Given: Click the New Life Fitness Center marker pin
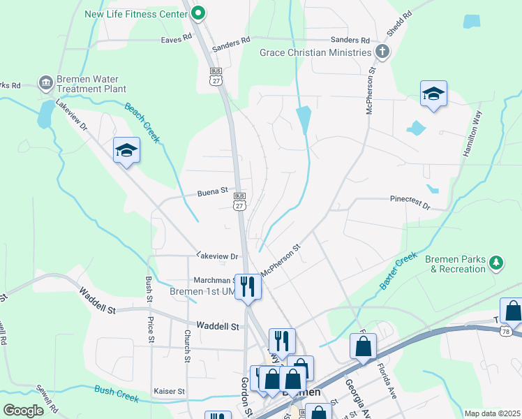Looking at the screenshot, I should [x=198, y=13].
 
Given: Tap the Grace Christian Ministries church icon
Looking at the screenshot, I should [x=382, y=52].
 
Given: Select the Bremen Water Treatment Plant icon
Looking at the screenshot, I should [x=46, y=83].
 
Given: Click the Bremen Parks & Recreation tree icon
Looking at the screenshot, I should [x=496, y=263].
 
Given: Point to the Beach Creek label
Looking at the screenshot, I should [x=143, y=123].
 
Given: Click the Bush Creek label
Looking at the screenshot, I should [x=117, y=395].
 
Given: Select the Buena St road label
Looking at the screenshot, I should [x=213, y=190].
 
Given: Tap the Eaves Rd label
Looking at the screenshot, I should [x=176, y=39].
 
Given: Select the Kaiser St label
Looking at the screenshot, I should [x=170, y=392].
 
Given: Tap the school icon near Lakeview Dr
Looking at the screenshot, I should [x=127, y=150].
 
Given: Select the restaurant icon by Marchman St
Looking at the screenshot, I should [x=248, y=286].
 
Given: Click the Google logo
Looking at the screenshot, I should [x=24, y=410].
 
